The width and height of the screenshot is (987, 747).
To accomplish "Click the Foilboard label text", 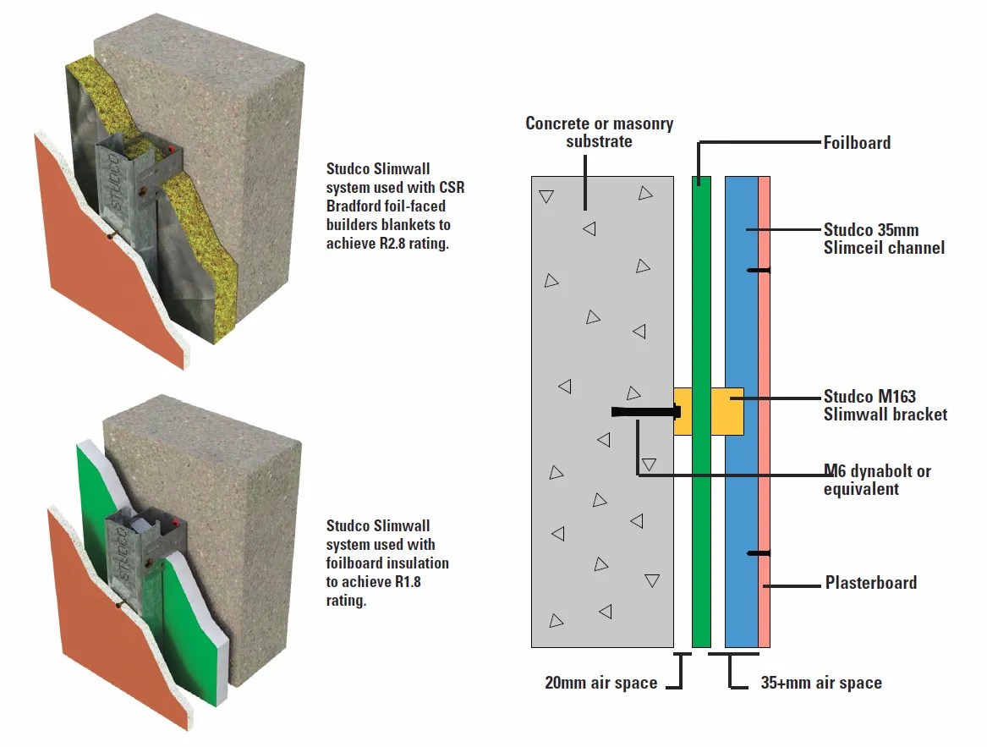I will point(856,143).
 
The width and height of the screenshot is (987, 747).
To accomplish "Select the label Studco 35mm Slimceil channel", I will point(883,239).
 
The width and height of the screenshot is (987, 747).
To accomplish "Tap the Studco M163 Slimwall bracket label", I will point(885,405).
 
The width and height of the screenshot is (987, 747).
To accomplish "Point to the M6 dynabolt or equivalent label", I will point(876,480).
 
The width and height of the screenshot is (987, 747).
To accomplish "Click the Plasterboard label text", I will point(870,583).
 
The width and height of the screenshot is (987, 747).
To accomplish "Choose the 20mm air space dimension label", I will point(600,683).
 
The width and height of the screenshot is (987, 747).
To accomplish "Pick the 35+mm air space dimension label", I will point(820,683).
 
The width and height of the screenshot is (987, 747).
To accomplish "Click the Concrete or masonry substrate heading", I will point(599,132).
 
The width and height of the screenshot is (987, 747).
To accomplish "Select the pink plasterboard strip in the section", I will point(764,338).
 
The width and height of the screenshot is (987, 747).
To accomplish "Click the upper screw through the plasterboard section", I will point(759,270).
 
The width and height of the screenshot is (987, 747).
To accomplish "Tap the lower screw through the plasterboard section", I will point(759,553).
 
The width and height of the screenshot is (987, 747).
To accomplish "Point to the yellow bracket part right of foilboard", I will point(727,411).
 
